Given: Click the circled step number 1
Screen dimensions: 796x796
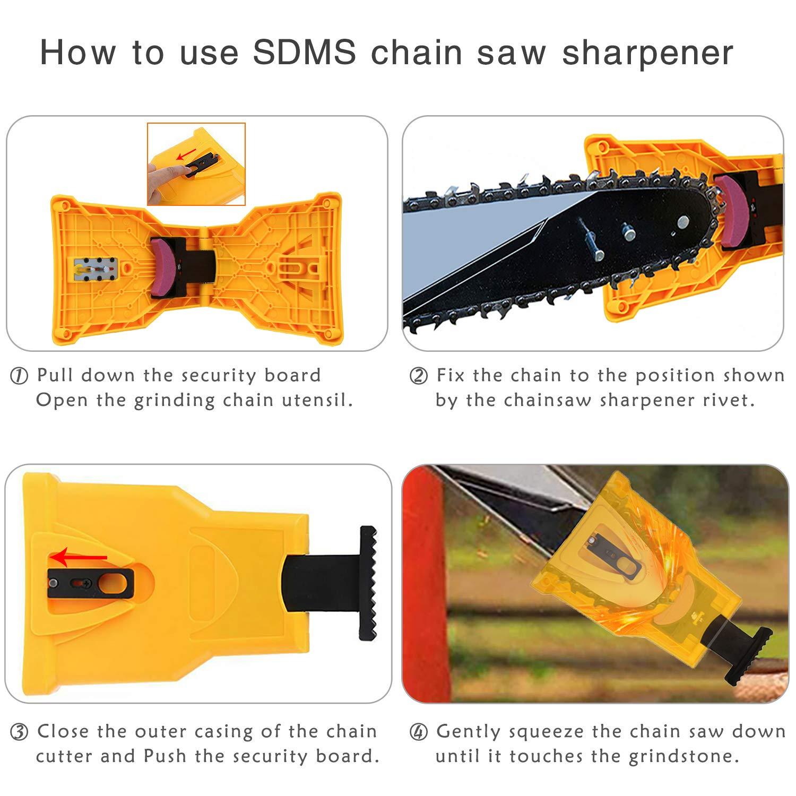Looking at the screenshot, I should coord(20,376).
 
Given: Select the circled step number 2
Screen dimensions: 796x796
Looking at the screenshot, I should coord(419,376).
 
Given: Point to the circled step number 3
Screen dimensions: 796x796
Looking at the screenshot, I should coord(20,732).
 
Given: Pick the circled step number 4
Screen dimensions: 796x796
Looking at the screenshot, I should coord(419,732).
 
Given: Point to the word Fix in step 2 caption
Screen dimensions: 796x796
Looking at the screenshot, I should coord(450,376).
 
